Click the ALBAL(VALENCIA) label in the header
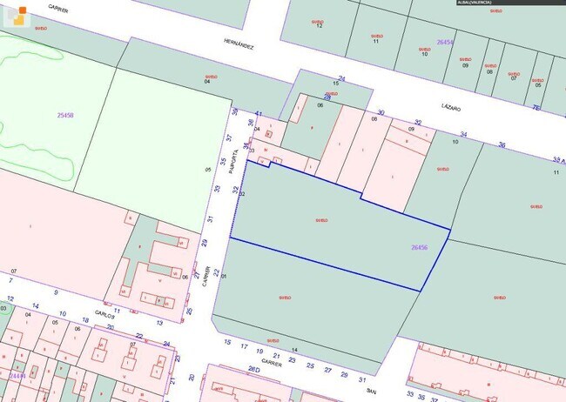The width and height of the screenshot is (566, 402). point(481,3)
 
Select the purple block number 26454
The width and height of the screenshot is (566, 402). point(445,42)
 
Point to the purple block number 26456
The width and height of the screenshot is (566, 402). point(419,247)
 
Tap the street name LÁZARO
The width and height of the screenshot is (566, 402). point(450,106)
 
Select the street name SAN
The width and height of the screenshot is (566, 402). point(370,392)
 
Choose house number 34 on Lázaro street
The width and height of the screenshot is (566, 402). point(463,134)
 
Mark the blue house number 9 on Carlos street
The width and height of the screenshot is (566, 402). point(55,292)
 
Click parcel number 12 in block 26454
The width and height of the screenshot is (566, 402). point(320,26)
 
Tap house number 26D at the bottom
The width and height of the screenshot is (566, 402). point(253,371)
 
